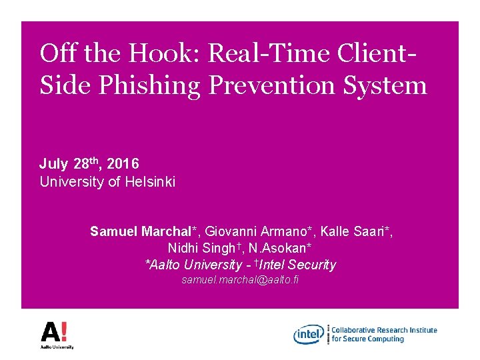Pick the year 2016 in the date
123,164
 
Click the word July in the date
53,164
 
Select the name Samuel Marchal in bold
140,232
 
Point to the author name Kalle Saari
354,232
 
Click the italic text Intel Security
301,265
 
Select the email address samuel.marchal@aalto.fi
241,280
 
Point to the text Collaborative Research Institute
384,330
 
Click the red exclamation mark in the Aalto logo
65,331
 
